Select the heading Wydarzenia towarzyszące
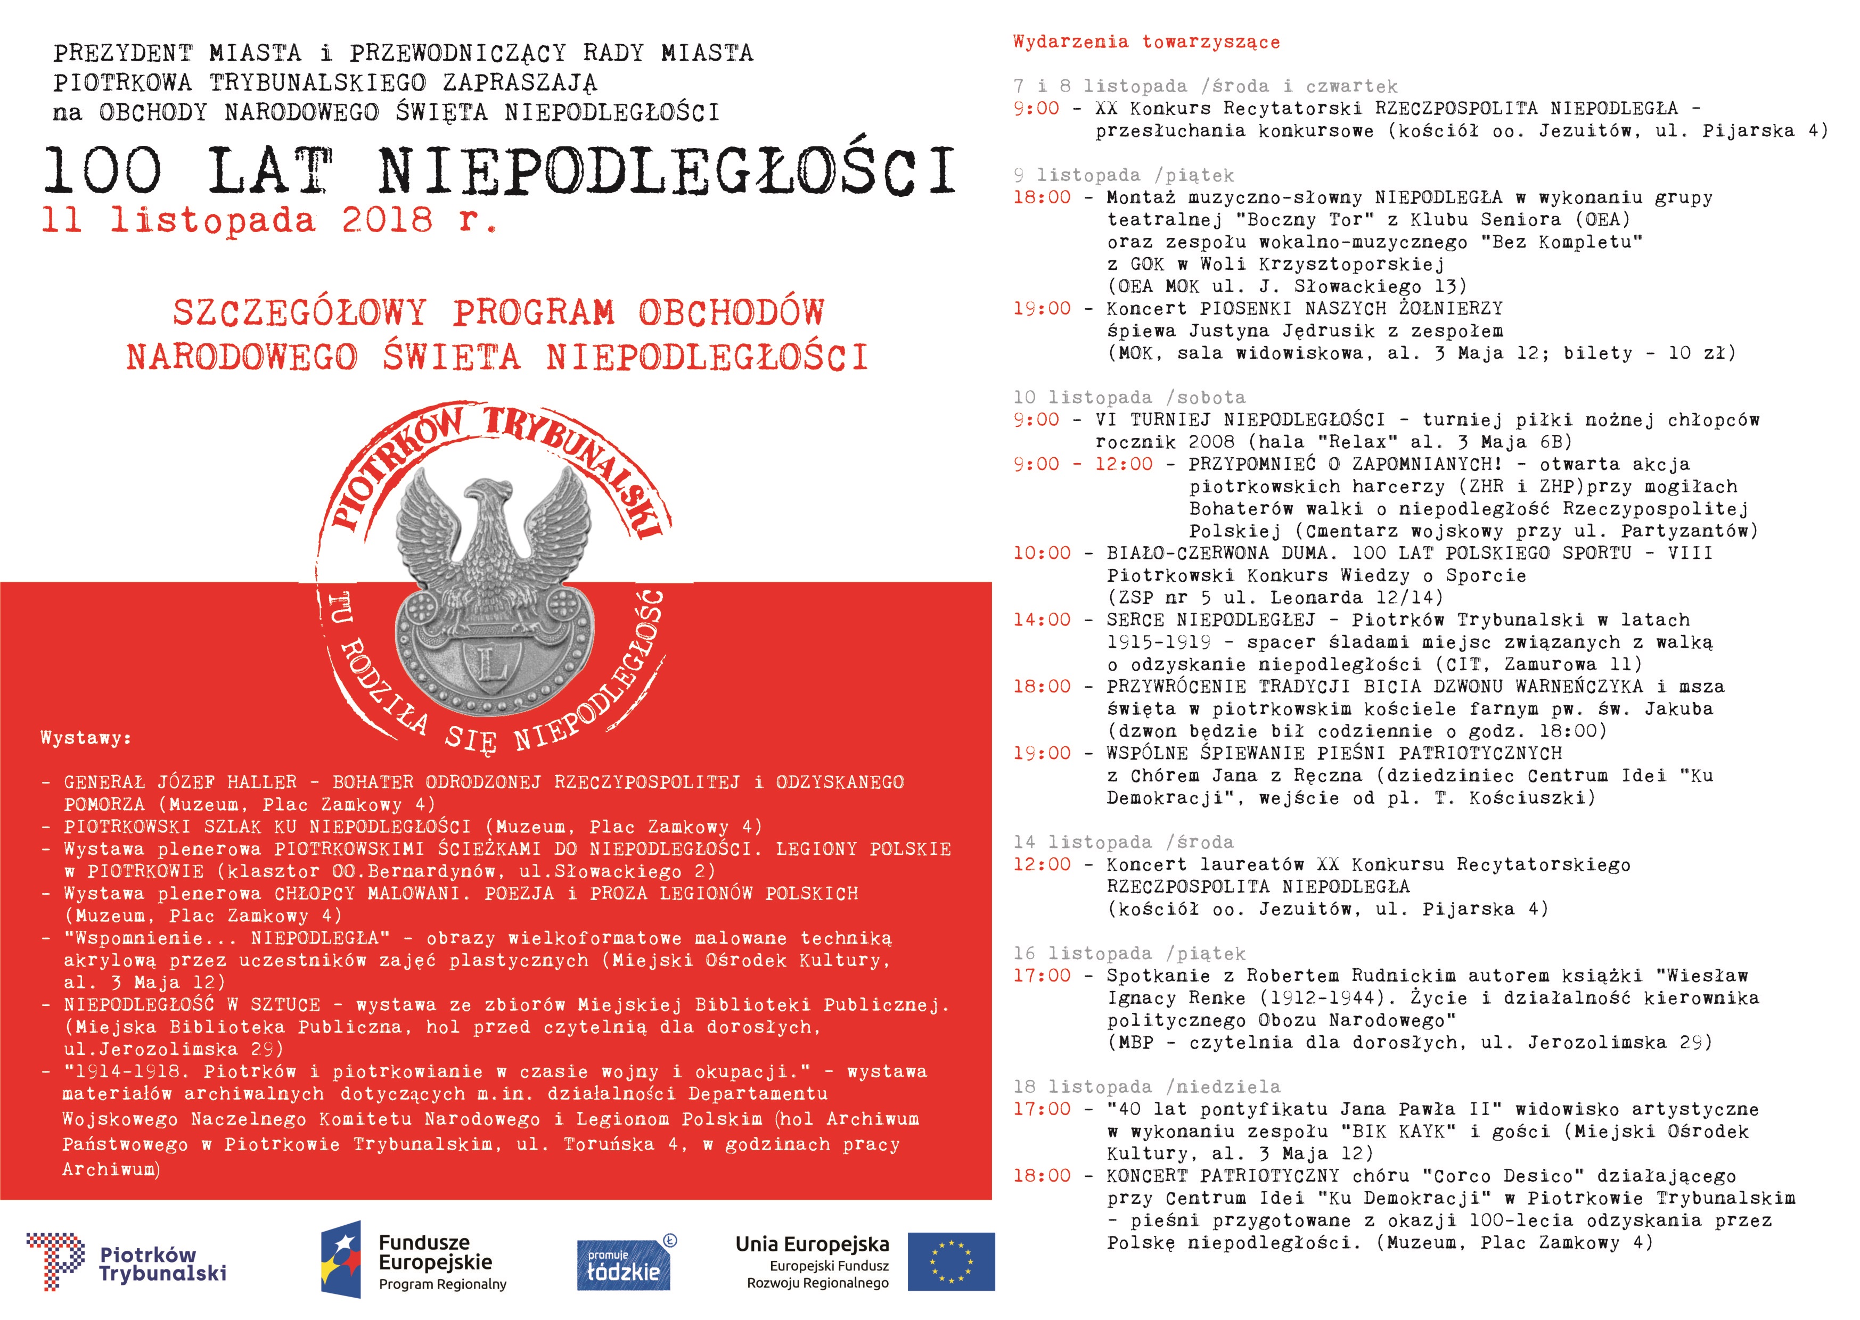click(1146, 42)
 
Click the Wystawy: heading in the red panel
click(85, 738)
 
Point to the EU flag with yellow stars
click(951, 1261)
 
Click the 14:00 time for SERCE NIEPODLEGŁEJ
click(1042, 620)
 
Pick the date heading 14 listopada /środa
click(1122, 842)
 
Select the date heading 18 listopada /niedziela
click(1146, 1087)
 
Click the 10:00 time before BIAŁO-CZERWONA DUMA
click(1042, 552)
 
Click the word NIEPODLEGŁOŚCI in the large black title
click(667, 172)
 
